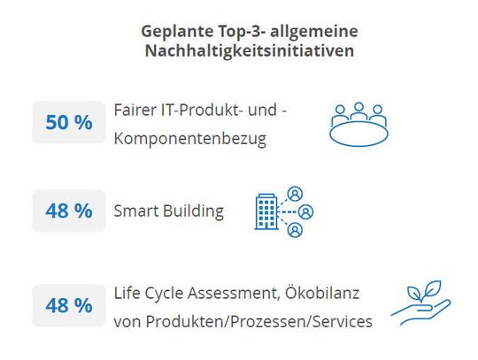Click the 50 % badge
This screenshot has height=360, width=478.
coord(69,122)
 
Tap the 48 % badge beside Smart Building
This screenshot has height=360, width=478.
coord(69,211)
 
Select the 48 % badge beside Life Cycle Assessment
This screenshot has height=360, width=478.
coord(69,305)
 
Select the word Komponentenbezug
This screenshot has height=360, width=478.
coord(189,139)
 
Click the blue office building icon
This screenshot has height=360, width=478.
coord(266,211)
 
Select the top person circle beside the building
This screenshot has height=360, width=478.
coord(296,193)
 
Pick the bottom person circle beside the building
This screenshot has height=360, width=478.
coord(296,230)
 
